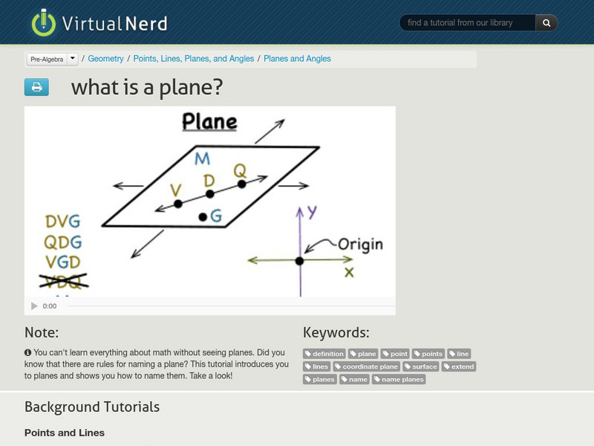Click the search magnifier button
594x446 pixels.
point(546,23)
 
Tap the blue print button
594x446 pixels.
point(36,88)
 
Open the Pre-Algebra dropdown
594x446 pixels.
point(72,59)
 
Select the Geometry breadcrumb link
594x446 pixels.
point(105,59)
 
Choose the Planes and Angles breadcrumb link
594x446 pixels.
point(297,59)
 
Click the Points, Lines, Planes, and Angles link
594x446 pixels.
point(194,59)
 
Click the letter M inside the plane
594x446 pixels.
point(202,158)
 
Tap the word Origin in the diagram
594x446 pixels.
point(360,244)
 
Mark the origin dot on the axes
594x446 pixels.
point(299,260)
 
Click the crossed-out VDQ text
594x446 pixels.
point(63,282)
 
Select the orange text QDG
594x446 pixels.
point(63,242)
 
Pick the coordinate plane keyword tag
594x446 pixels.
point(367,366)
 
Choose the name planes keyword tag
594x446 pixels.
point(399,379)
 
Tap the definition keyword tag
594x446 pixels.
point(324,354)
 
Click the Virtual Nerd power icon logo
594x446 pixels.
point(43,23)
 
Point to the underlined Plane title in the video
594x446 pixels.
point(210,122)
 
